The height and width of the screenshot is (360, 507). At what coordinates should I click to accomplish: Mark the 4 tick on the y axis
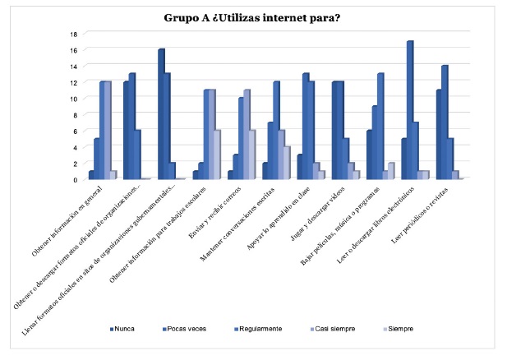pos(73,147)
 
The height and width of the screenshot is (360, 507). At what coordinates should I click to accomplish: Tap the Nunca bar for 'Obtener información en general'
pos(91,175)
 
